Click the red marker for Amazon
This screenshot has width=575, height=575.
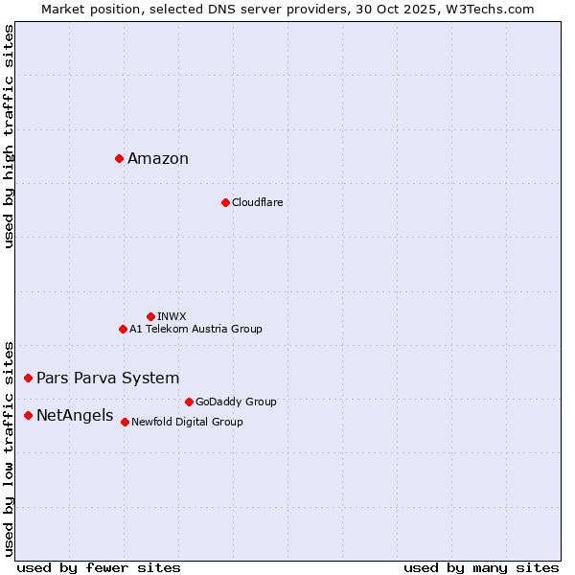pyautogui.click(x=119, y=158)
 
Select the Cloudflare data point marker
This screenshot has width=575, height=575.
pyautogui.click(x=225, y=202)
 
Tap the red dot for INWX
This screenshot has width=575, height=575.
pyautogui.click(x=150, y=316)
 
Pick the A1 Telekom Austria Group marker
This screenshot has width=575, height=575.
pyautogui.click(x=123, y=329)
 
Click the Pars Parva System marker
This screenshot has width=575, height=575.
pyautogui.click(x=28, y=379)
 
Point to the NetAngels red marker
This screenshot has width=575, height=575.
pyautogui.click(x=28, y=415)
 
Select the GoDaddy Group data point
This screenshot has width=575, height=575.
pyautogui.click(x=189, y=402)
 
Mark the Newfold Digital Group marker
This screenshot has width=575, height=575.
pyautogui.click(x=125, y=422)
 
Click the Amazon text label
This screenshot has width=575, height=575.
pyautogui.click(x=158, y=159)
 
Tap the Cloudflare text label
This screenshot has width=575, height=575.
pyautogui.click(x=257, y=203)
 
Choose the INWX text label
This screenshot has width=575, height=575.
pyautogui.click(x=172, y=316)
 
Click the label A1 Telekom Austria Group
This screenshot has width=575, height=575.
pyautogui.click(x=195, y=329)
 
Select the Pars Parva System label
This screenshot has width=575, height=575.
pyautogui.click(x=107, y=379)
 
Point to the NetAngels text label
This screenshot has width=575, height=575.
pyautogui.click(x=75, y=416)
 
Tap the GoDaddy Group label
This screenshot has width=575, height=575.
pyautogui.click(x=236, y=402)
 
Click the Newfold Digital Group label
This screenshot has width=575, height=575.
pyautogui.click(x=187, y=422)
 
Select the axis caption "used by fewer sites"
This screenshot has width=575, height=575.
pyautogui.click(x=99, y=567)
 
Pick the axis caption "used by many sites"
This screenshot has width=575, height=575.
pyautogui.click(x=481, y=567)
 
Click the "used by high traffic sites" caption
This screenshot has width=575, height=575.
pyautogui.click(x=10, y=136)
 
